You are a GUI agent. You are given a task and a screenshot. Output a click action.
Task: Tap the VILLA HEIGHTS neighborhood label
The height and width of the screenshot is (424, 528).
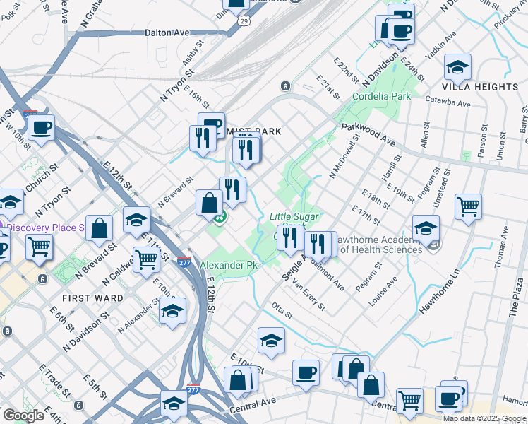click(480, 86)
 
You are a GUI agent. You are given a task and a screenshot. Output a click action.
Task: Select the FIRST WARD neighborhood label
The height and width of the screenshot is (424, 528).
click(91, 298)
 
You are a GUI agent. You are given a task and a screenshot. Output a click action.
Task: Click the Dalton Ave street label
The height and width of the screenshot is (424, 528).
click(167, 33)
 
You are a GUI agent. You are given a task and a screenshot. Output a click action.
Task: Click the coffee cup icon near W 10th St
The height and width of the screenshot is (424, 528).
click(42, 128)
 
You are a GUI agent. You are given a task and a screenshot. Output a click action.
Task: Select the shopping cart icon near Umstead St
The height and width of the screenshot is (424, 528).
click(468, 206)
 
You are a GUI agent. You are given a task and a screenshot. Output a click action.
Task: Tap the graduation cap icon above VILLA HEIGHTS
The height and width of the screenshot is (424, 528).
click(458, 67)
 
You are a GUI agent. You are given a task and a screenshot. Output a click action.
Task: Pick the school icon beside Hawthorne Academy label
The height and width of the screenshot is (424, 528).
click(426, 228)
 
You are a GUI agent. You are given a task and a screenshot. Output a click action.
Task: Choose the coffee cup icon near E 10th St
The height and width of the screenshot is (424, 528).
click(306, 372)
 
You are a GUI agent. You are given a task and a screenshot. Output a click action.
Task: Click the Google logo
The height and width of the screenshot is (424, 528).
click(24, 416)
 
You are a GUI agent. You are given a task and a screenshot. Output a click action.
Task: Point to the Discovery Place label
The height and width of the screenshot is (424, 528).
click(46, 228)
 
